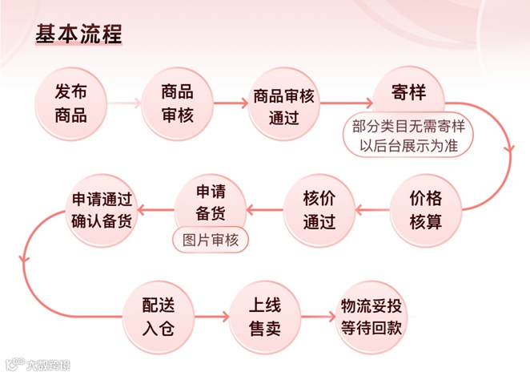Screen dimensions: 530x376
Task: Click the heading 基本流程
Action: click(79, 35)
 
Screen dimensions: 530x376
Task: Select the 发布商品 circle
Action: click(71, 103)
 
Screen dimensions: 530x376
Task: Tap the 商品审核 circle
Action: click(177, 103)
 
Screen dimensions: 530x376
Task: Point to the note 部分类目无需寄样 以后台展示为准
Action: click(408, 136)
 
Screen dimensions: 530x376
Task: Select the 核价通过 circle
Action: click(319, 210)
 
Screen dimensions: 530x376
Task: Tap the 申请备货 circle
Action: click(211, 204)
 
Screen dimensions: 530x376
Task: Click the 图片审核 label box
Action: click(211, 240)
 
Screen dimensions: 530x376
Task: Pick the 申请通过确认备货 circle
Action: click(102, 209)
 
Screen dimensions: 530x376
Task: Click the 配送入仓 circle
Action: click(157, 317)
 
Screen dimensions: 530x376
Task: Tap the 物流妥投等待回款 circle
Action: click(371, 317)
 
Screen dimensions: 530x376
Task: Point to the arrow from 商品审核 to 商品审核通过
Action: click(231, 103)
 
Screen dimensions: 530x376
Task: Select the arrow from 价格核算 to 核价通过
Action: click(371, 210)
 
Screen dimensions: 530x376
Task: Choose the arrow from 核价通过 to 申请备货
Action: click(264, 210)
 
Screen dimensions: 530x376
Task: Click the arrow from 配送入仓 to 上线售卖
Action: click(210, 317)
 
